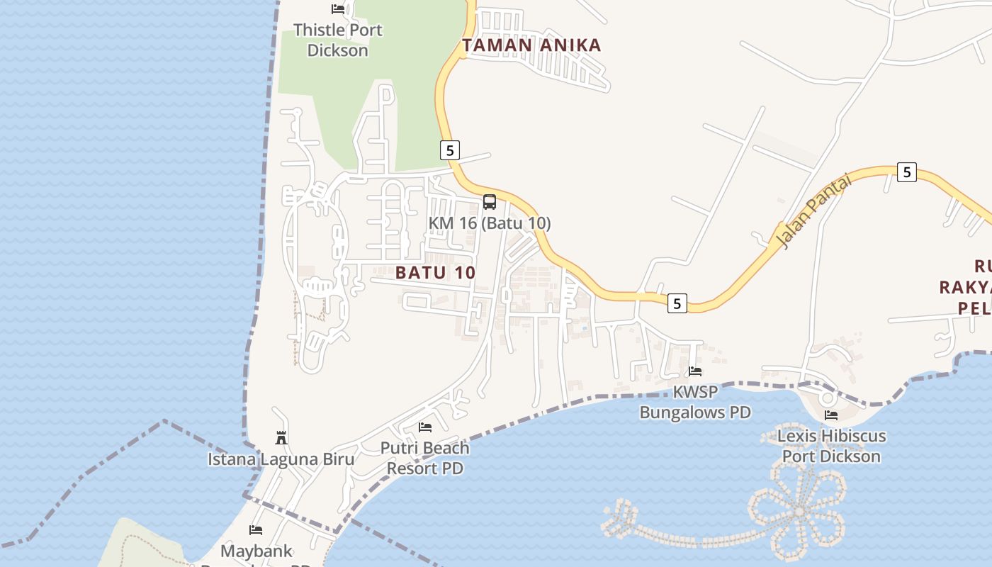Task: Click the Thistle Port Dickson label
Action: click(337, 40)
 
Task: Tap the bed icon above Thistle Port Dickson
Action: click(338, 9)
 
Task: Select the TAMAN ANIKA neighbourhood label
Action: click(531, 45)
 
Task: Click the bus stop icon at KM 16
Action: click(489, 202)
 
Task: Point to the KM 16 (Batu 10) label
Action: click(489, 223)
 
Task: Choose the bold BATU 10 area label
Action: click(435, 272)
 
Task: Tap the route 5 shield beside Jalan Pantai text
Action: click(906, 172)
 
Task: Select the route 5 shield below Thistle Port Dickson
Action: click(449, 150)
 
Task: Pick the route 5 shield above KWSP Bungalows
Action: click(677, 303)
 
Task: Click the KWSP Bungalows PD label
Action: click(695, 402)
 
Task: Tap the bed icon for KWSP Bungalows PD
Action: click(695, 371)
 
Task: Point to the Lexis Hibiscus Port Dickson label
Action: click(831, 446)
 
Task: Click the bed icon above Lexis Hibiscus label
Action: click(831, 415)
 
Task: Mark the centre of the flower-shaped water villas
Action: click(799, 511)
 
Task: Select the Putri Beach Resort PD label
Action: click(425, 458)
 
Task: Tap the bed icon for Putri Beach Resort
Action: click(425, 427)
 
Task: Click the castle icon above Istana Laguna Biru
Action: click(281, 437)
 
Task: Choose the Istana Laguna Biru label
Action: click(281, 459)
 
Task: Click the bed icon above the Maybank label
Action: click(256, 529)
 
